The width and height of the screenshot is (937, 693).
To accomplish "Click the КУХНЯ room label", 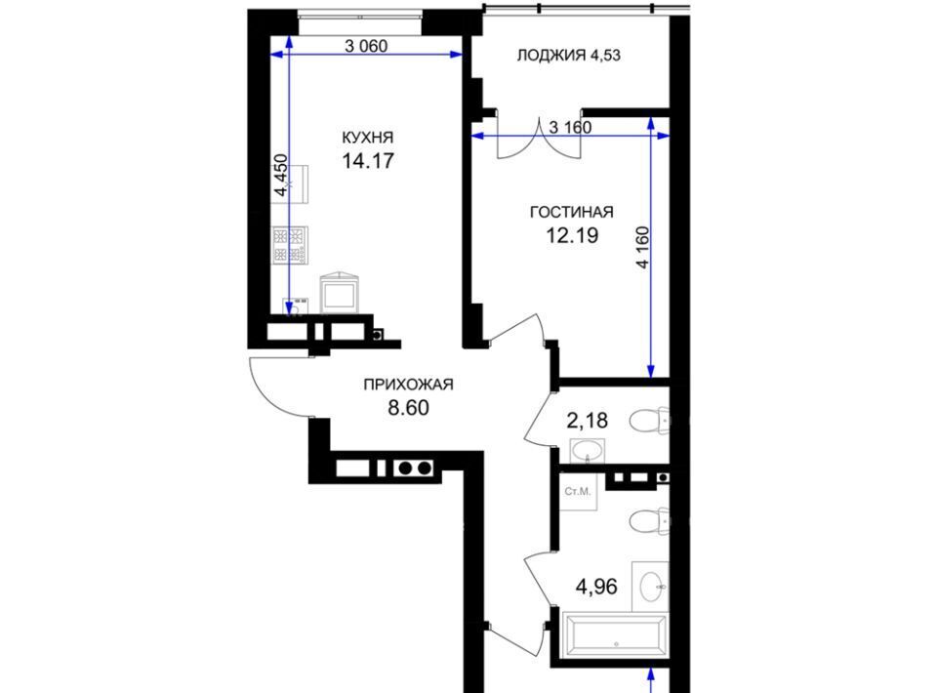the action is (368, 138).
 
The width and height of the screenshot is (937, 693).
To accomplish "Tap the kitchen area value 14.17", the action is (368, 161).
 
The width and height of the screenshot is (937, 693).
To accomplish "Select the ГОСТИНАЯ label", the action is (572, 212).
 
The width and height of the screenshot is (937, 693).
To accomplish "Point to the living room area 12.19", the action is (572, 235).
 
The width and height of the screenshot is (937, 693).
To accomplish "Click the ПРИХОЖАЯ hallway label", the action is (408, 385).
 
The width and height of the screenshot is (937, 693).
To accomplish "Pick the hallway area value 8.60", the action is (408, 407).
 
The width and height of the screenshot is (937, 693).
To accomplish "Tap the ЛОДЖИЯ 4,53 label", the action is (568, 56).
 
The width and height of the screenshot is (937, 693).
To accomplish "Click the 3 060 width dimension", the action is (366, 46).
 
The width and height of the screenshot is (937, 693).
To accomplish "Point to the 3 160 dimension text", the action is (570, 127).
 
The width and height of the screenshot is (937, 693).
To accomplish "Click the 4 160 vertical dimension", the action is (642, 247).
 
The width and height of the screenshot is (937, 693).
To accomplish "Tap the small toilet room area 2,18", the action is (587, 421).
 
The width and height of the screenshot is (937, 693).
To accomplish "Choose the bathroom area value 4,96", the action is (595, 587).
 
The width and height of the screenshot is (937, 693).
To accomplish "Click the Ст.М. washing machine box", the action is (578, 492).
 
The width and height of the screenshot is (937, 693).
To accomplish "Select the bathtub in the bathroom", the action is (615, 634).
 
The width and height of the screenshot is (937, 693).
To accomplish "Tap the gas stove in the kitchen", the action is (290, 245).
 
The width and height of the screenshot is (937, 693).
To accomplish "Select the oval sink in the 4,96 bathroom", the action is (651, 587).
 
